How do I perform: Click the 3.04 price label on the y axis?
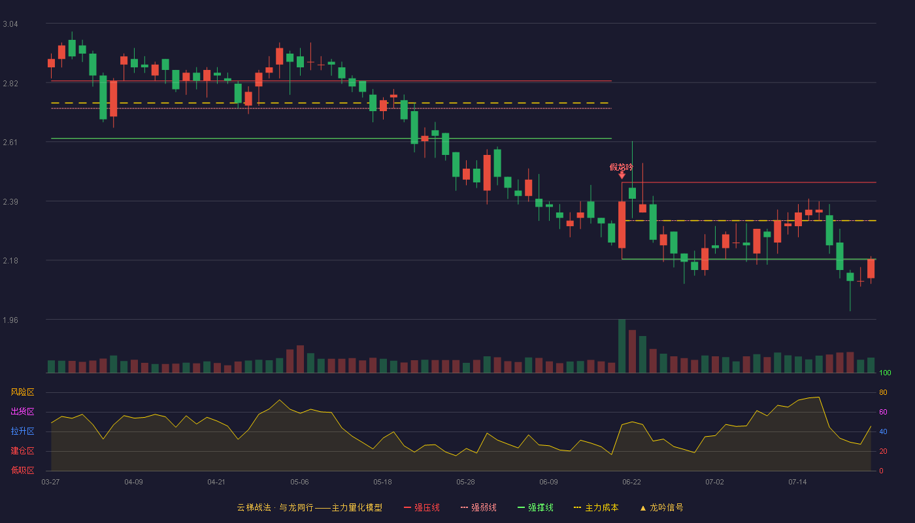[10, 24]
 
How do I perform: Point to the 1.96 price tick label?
[10, 320]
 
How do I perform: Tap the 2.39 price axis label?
[10, 202]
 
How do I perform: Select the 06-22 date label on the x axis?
[631, 482]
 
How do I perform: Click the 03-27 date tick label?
[51, 482]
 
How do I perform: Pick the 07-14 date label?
[797, 482]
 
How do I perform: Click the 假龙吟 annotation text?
[621, 167]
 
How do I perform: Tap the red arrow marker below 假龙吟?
[622, 175]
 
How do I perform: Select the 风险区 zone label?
[22, 392]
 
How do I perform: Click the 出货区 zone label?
[22, 411]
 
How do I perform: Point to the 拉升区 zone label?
[22, 431]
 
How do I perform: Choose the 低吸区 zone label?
[22, 470]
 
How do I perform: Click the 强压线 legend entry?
[422, 507]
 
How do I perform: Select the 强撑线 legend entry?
[535, 507]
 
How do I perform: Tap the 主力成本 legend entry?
[596, 507]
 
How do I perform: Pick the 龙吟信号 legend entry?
[661, 507]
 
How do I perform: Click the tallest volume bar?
[622, 346]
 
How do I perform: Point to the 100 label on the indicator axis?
[885, 373]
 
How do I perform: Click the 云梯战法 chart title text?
[254, 507]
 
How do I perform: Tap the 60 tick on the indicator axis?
[883, 412]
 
